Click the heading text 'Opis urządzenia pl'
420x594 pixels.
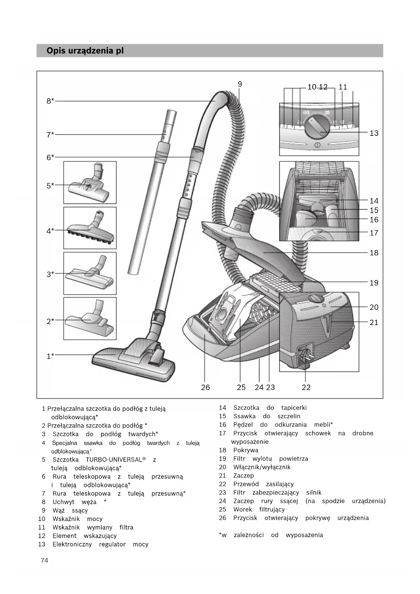(85, 51)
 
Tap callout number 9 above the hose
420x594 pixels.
(240, 84)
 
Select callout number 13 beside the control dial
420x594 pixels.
(374, 133)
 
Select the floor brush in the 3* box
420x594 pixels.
(89, 274)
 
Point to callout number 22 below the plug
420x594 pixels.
(306, 387)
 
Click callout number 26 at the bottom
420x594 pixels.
(205, 387)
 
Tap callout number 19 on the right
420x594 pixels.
(374, 283)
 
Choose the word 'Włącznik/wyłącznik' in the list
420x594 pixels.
(262, 467)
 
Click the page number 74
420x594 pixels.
(44, 560)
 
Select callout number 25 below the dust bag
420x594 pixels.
(241, 387)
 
